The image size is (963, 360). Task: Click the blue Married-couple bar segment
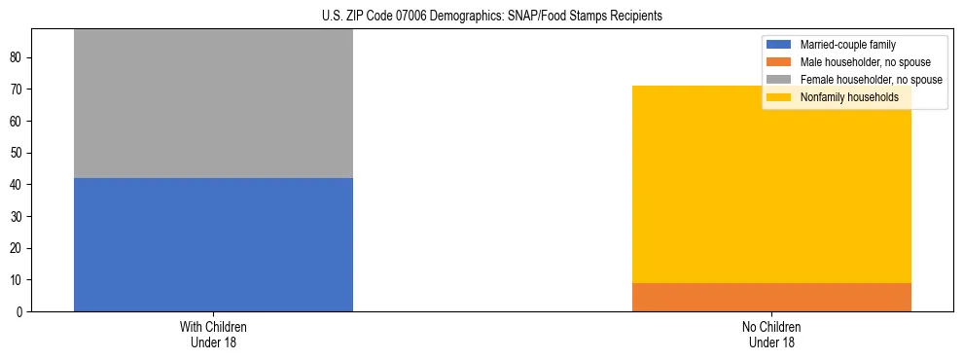pos(213,244)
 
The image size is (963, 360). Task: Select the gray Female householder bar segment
pos(213,103)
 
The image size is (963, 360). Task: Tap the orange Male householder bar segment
pos(771,297)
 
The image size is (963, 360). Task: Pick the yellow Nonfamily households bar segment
pos(771,184)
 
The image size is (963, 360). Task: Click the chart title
pos(491,16)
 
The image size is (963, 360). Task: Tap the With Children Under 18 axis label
pos(213,334)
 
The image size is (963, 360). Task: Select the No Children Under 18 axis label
pos(771,334)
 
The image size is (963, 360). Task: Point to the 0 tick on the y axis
pos(20,311)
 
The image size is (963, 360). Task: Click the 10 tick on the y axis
pos(18,280)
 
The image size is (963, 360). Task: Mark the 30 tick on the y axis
pos(18,216)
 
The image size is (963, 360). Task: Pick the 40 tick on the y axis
pos(18,185)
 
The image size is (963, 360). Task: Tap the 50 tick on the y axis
pos(18,153)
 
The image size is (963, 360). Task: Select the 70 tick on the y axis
pos(18,90)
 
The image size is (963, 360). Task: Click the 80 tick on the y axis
pos(18,57)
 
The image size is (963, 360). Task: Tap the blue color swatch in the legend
pos(779,45)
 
